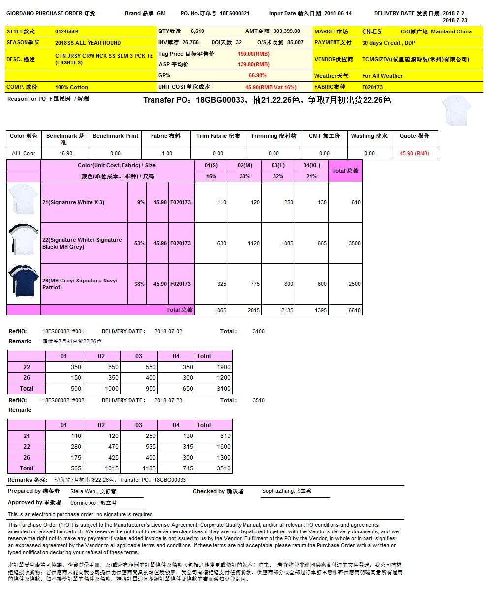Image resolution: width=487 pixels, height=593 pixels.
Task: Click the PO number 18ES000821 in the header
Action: [235, 14]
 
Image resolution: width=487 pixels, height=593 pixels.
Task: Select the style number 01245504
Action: [67, 31]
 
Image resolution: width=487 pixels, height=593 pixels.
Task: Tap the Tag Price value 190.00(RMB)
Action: [253, 54]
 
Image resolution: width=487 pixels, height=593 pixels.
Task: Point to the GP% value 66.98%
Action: [257, 76]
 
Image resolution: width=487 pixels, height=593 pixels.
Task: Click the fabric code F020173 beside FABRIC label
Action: [372, 87]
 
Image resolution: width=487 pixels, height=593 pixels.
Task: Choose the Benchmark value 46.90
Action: [65, 153]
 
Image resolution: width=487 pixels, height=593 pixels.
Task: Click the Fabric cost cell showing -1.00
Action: [165, 153]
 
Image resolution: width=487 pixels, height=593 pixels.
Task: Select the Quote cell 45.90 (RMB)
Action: [414, 153]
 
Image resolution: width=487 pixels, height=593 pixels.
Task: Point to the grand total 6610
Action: [354, 310]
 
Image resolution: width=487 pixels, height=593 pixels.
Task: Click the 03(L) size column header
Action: [278, 166]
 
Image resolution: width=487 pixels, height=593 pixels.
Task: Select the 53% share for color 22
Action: [139, 243]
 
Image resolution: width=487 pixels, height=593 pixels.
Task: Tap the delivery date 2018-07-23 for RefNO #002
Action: [168, 400]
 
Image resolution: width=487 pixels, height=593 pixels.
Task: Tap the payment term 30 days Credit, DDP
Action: [389, 43]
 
